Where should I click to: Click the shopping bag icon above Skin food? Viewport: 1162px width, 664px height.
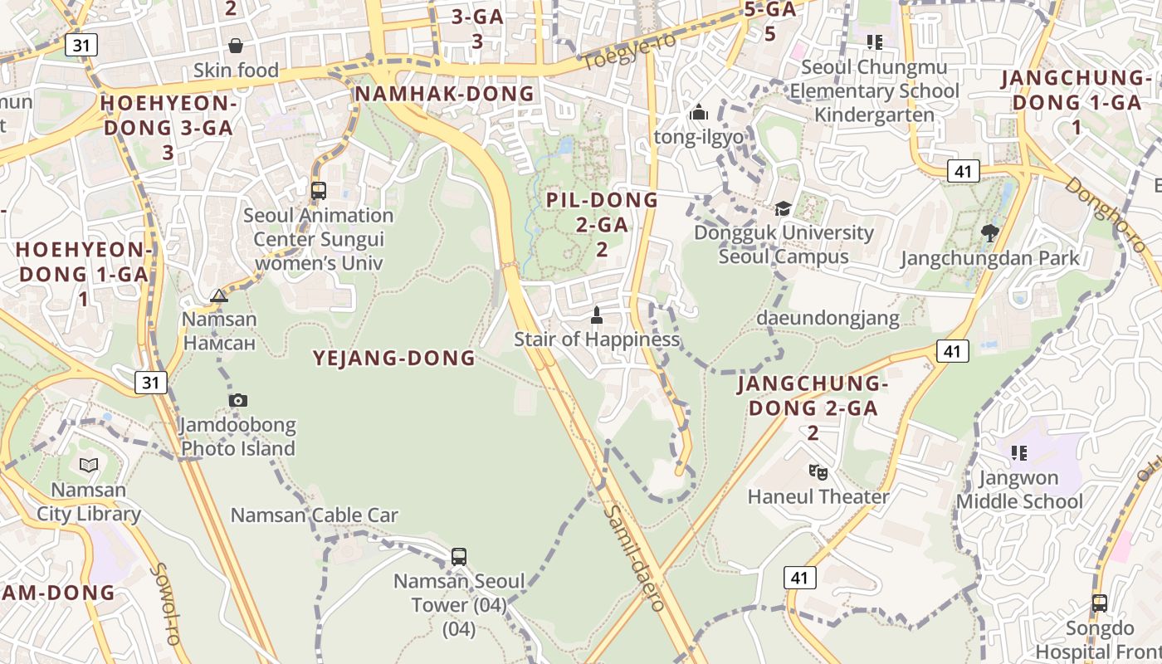[x=236, y=45]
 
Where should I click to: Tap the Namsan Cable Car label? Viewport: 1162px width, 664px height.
[x=315, y=515]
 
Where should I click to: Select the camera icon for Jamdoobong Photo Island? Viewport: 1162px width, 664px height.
[x=238, y=400]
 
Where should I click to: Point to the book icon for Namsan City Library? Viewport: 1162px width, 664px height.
[x=89, y=465]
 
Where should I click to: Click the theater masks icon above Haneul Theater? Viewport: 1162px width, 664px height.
[x=818, y=471]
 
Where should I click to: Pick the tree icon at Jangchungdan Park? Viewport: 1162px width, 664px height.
[x=989, y=232]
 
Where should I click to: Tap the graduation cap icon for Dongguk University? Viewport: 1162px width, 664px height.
[x=783, y=207]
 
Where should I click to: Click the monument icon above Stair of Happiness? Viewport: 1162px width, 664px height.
[x=596, y=315]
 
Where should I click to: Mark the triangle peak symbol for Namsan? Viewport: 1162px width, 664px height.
[x=218, y=295]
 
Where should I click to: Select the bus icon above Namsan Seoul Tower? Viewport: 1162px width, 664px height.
[x=459, y=556]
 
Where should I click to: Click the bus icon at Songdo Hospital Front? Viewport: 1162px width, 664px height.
[x=1100, y=603]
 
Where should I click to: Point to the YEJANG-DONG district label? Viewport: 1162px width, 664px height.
[x=394, y=359]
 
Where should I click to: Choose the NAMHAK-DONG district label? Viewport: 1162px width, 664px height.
[x=445, y=94]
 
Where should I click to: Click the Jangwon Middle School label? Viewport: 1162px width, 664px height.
[x=1019, y=490]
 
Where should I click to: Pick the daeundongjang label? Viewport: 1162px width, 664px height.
[x=828, y=318]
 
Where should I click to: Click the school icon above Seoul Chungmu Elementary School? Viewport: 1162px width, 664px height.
[x=874, y=41]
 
